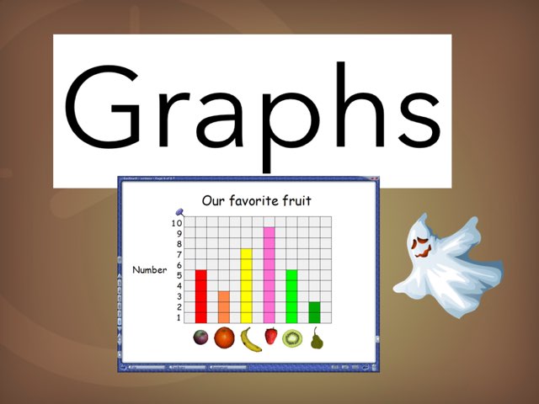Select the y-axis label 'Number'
point(150,270)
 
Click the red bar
point(201,295)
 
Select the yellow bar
point(247,285)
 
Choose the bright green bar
point(291,295)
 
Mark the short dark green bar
point(314,311)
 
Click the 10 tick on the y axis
point(176,223)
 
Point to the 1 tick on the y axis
point(178,317)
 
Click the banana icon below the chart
point(249,339)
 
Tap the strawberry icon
point(271,337)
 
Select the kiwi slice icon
point(292,338)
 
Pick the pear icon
point(317,338)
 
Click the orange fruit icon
point(224,338)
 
